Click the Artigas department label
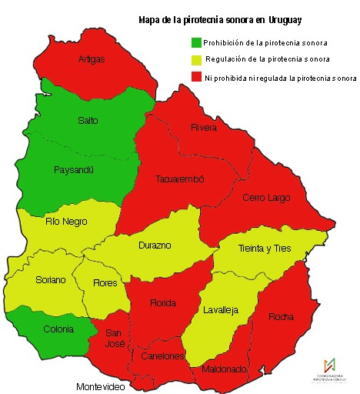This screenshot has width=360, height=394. pos(92,58)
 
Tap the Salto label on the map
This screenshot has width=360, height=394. pos(88,121)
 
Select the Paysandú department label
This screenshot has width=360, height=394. pos(74,169)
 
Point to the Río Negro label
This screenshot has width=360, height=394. pos(66,222)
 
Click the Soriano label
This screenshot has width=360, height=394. pos(51,280)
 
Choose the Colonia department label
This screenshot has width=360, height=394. pos(58,329)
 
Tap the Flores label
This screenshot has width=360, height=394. pos(105,282)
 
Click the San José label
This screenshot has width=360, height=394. pos(114,338)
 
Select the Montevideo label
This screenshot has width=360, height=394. pos(100,386)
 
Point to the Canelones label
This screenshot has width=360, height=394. pos(164,356)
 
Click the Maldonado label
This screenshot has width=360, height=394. pos(224,369)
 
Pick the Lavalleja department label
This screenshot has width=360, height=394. pos(221,310)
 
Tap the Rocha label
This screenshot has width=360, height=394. pos(281,316)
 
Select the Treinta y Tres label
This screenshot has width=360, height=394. pos(265,248)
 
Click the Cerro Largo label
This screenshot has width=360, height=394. pos(266,198)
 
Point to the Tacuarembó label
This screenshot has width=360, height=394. pos(180,179)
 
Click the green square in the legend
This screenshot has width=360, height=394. pos(196,42)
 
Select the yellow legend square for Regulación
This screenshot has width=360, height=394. pos(196,59)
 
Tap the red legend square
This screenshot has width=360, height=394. pos(196,77)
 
